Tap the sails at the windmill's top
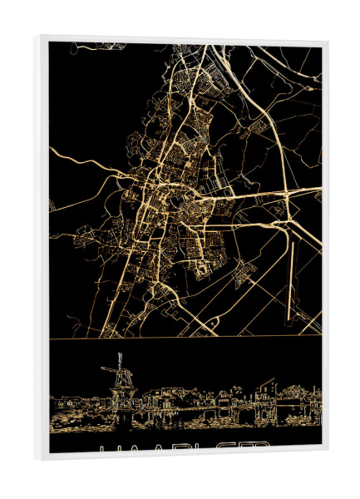[118, 363]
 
